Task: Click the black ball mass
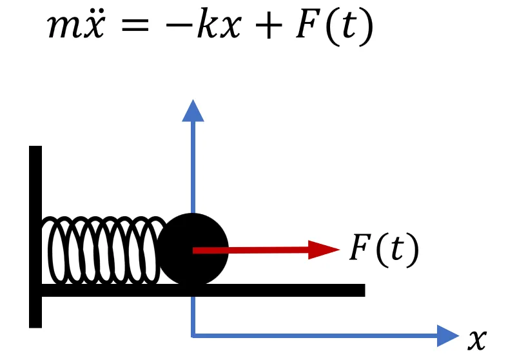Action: [x=193, y=249]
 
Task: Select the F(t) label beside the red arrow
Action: [x=384, y=250]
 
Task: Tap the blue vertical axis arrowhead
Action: [x=193, y=111]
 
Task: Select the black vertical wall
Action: [x=35, y=237]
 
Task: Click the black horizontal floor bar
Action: [x=203, y=290]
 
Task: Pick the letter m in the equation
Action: [x=63, y=27]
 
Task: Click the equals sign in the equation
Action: [x=135, y=25]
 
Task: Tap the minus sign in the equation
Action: [x=180, y=25]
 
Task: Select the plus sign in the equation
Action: [x=268, y=25]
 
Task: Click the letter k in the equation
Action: [x=208, y=23]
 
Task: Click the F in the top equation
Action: [x=309, y=23]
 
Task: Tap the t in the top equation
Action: [x=349, y=25]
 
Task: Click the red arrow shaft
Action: [x=251, y=250]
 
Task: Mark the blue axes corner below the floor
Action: [x=193, y=336]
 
